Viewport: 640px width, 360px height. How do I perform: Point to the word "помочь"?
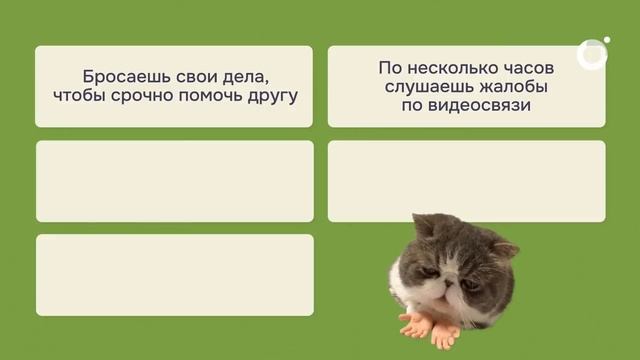point(219,97)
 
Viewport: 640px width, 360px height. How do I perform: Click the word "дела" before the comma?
point(252,76)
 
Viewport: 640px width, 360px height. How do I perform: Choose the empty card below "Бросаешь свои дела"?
point(174,181)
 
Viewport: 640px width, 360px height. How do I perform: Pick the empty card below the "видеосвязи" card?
point(466,181)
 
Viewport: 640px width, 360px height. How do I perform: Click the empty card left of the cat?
point(174,274)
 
